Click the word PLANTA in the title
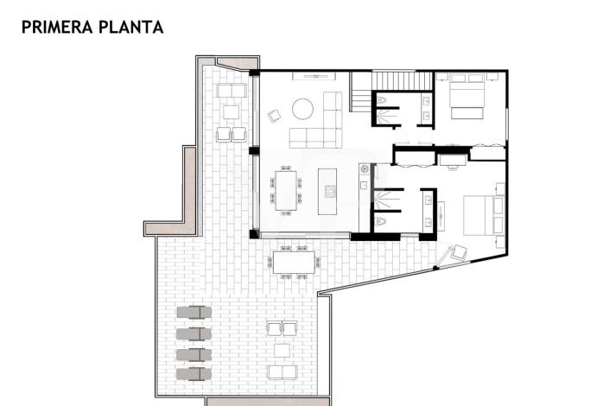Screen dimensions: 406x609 pos(132,27)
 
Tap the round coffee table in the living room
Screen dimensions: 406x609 pos(302,109)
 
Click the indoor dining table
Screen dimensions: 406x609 pos(286,190)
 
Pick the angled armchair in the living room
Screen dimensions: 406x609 pos(276,114)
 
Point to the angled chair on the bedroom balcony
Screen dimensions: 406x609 pos(457,254)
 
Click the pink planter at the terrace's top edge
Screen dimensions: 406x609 pos(237,64)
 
